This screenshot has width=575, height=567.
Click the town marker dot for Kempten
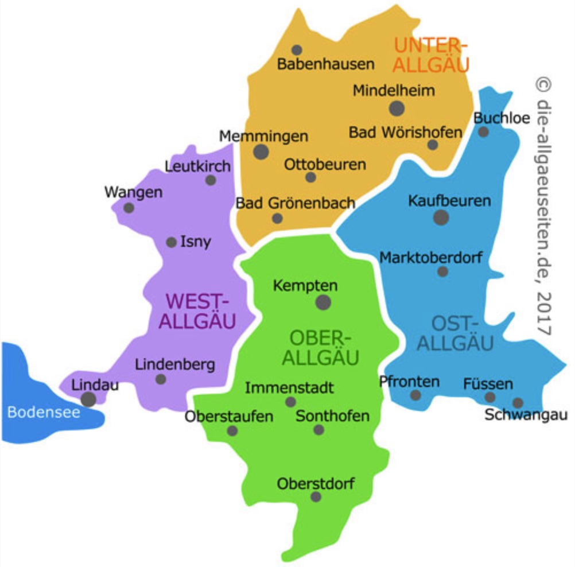tap(324, 302)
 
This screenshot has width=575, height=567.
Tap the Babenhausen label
tap(325, 64)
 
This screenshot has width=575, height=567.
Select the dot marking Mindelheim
tap(397, 108)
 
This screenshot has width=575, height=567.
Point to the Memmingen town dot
tap(261, 152)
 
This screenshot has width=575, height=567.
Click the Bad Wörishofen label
tap(405, 133)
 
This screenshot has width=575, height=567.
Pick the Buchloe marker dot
tap(484, 132)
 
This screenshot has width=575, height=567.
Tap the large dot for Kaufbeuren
tap(441, 217)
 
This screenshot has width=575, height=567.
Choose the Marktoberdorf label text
tap(431, 258)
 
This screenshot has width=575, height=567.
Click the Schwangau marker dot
tap(518, 403)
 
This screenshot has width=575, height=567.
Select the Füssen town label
tap(488, 383)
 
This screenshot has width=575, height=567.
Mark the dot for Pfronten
tap(415, 395)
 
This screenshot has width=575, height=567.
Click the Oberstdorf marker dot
tap(316, 496)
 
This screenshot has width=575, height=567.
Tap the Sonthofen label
tap(332, 415)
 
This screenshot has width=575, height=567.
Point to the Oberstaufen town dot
tap(232, 430)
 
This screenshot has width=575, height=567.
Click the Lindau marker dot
tap(88, 399)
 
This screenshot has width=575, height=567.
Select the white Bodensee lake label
tap(44, 411)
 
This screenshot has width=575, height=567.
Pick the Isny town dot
tap(171, 242)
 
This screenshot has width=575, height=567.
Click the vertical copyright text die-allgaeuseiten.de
tap(544, 207)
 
